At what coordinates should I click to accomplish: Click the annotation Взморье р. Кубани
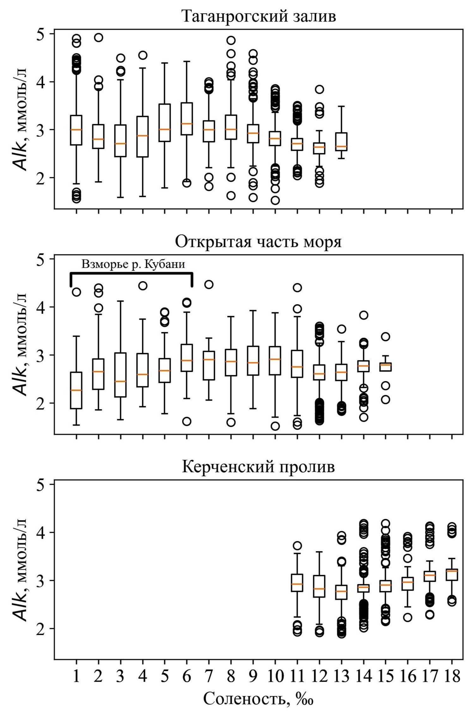(133, 264)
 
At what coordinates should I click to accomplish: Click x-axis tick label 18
(452, 677)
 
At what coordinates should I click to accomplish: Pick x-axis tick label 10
(275, 677)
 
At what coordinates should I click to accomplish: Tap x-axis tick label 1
(76, 677)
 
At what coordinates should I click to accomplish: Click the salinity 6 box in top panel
(187, 119)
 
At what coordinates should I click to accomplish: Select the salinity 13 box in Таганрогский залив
(342, 142)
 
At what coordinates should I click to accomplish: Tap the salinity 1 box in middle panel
(76, 391)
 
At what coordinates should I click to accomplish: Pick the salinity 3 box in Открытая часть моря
(120, 375)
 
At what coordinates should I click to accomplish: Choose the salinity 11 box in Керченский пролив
(297, 583)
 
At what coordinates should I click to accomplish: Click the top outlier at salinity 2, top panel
(99, 38)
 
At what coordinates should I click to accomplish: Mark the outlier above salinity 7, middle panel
(209, 285)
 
